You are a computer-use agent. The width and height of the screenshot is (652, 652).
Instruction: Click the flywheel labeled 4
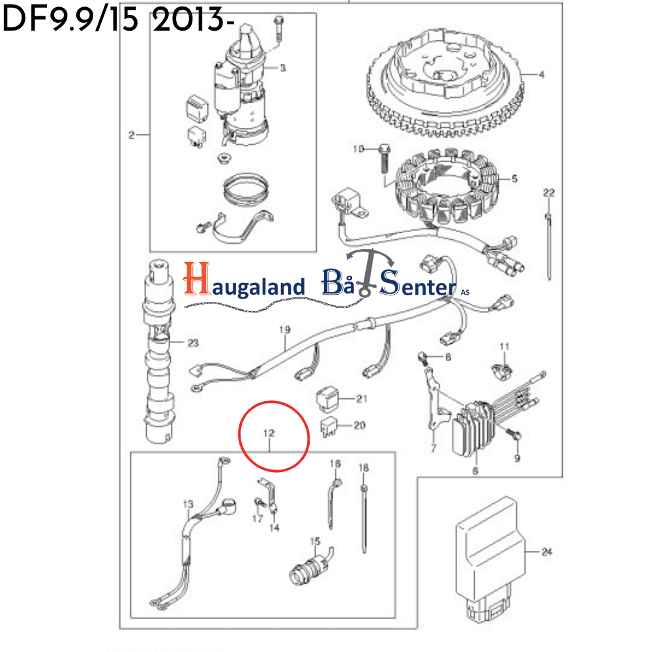click(444, 84)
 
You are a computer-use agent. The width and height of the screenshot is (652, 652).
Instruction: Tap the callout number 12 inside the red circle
click(269, 433)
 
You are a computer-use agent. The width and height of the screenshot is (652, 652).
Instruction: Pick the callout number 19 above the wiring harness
click(285, 330)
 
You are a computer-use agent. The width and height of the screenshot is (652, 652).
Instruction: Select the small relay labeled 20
click(329, 427)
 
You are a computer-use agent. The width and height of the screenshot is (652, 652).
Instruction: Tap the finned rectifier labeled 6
click(473, 428)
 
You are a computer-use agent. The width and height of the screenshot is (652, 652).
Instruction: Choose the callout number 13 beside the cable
click(188, 505)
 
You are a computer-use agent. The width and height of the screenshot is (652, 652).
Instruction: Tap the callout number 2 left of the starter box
click(132, 135)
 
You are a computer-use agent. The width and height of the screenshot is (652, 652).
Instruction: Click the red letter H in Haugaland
click(197, 278)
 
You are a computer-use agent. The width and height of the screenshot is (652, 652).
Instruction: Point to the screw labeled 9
click(514, 434)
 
